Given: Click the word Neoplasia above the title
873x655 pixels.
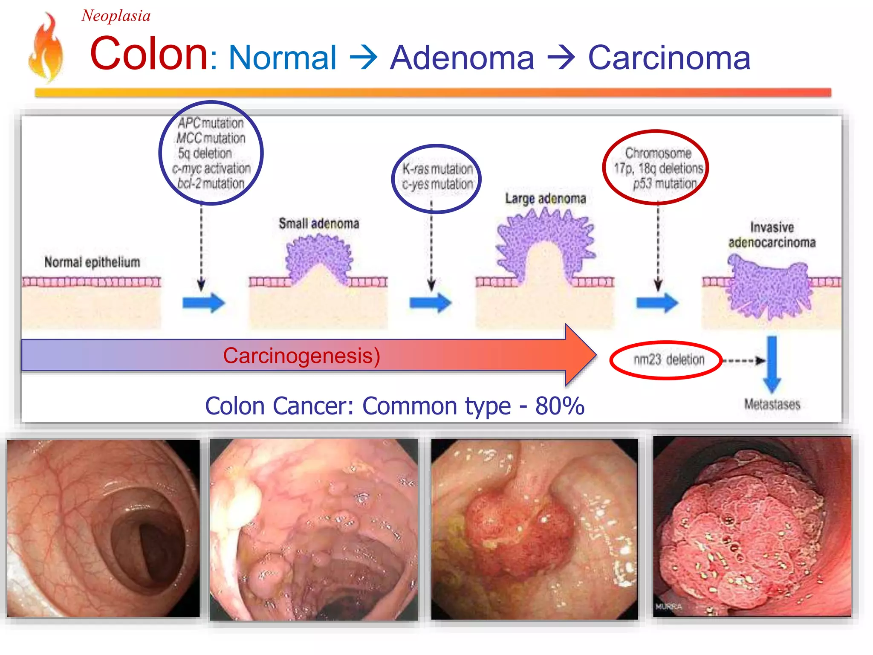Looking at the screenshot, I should coord(116,16).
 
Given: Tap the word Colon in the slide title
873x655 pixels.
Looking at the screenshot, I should coord(149,54).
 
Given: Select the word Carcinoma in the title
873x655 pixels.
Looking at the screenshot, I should coord(669,58).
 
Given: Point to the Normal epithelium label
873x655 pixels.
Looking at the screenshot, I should coord(92,262).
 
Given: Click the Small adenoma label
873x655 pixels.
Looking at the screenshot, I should coord(319,223).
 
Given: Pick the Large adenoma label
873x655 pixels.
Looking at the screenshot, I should coord(546,199).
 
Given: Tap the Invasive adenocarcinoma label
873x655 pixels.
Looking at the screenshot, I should coord(772,235).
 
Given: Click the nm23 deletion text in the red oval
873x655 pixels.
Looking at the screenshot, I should coord(668,360).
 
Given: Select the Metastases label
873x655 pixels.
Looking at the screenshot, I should coord(772,404).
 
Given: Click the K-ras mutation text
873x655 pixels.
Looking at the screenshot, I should coord(437,169).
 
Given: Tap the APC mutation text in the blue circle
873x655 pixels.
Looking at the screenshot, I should coord(211,123).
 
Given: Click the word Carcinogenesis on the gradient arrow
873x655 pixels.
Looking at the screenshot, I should coord(301,356).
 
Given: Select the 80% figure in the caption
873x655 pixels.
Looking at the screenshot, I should coord(559,406).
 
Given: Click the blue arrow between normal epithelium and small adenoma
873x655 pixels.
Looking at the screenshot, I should coord(203,303).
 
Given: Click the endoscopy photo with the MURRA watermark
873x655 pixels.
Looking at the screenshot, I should coord(752,527).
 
